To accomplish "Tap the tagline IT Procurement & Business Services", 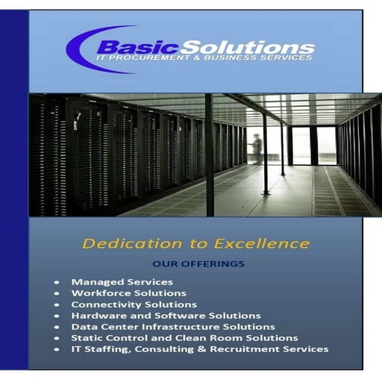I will click(204, 57).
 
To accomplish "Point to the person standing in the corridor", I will click(257, 148).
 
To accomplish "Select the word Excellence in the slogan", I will click(265, 243).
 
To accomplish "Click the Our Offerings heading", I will click(198, 264).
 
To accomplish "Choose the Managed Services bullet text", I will click(122, 282).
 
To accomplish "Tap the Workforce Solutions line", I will click(128, 293).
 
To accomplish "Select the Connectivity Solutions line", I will click(134, 304).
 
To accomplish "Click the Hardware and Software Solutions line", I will click(166, 316).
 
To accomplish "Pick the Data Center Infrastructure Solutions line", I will click(173, 327).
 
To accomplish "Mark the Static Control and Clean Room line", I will click(184, 338).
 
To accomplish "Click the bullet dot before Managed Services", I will click(57, 283).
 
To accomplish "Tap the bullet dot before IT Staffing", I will click(57, 350).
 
